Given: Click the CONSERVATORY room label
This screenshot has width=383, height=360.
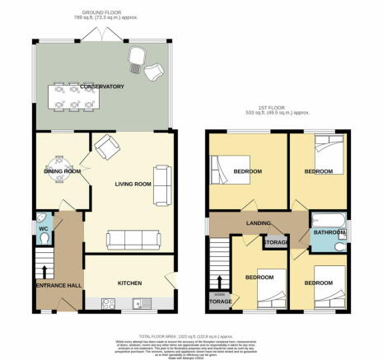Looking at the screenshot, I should click(x=101, y=86).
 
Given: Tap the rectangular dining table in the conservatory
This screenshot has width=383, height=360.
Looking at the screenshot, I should click(x=73, y=96).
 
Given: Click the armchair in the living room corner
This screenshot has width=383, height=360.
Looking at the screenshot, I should click(x=106, y=147).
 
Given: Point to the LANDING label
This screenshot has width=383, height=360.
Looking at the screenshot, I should click(x=259, y=222).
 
